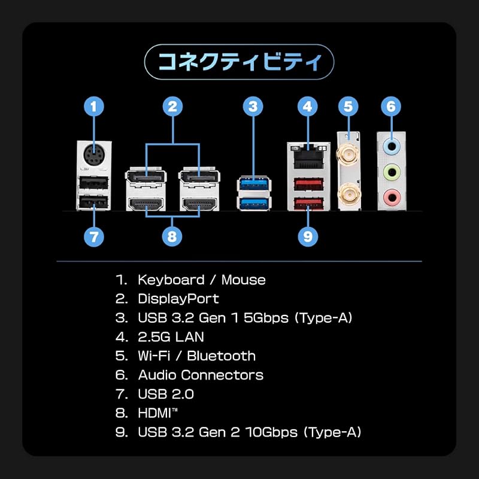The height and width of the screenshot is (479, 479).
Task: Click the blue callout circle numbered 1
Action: (x=94, y=107)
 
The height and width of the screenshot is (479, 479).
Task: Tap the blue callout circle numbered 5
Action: (x=348, y=107)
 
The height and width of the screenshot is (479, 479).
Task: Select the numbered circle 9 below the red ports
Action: (x=308, y=236)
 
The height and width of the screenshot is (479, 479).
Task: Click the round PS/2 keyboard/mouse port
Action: (x=93, y=154)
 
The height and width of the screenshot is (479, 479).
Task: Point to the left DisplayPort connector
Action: (x=145, y=177)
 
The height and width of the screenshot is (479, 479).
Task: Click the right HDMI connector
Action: (x=199, y=204)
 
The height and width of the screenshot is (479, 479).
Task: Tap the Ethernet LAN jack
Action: (x=308, y=157)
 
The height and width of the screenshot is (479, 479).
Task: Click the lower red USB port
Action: (x=308, y=203)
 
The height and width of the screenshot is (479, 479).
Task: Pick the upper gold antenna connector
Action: (x=348, y=154)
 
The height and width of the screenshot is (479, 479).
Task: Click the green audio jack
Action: (x=392, y=172)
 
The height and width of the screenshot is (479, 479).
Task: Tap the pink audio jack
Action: (x=392, y=197)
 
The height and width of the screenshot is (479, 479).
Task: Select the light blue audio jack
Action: (x=392, y=147)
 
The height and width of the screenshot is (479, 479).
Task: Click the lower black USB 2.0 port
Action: (x=93, y=202)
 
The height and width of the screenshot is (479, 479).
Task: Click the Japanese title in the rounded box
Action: (x=239, y=62)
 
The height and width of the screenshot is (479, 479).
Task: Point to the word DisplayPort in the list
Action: (x=178, y=299)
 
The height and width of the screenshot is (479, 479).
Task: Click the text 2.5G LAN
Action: (x=171, y=337)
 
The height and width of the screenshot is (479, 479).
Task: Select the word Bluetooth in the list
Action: (x=222, y=356)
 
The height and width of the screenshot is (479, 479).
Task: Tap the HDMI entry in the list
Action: (x=157, y=413)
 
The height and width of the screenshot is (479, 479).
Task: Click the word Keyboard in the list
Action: (x=171, y=280)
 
